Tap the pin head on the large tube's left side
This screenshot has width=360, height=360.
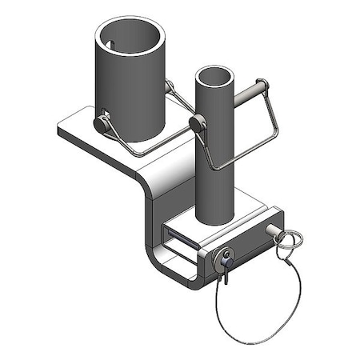(102, 124)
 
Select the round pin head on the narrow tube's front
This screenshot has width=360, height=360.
(198, 123)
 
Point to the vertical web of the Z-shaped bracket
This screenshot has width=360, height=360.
(154, 216)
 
